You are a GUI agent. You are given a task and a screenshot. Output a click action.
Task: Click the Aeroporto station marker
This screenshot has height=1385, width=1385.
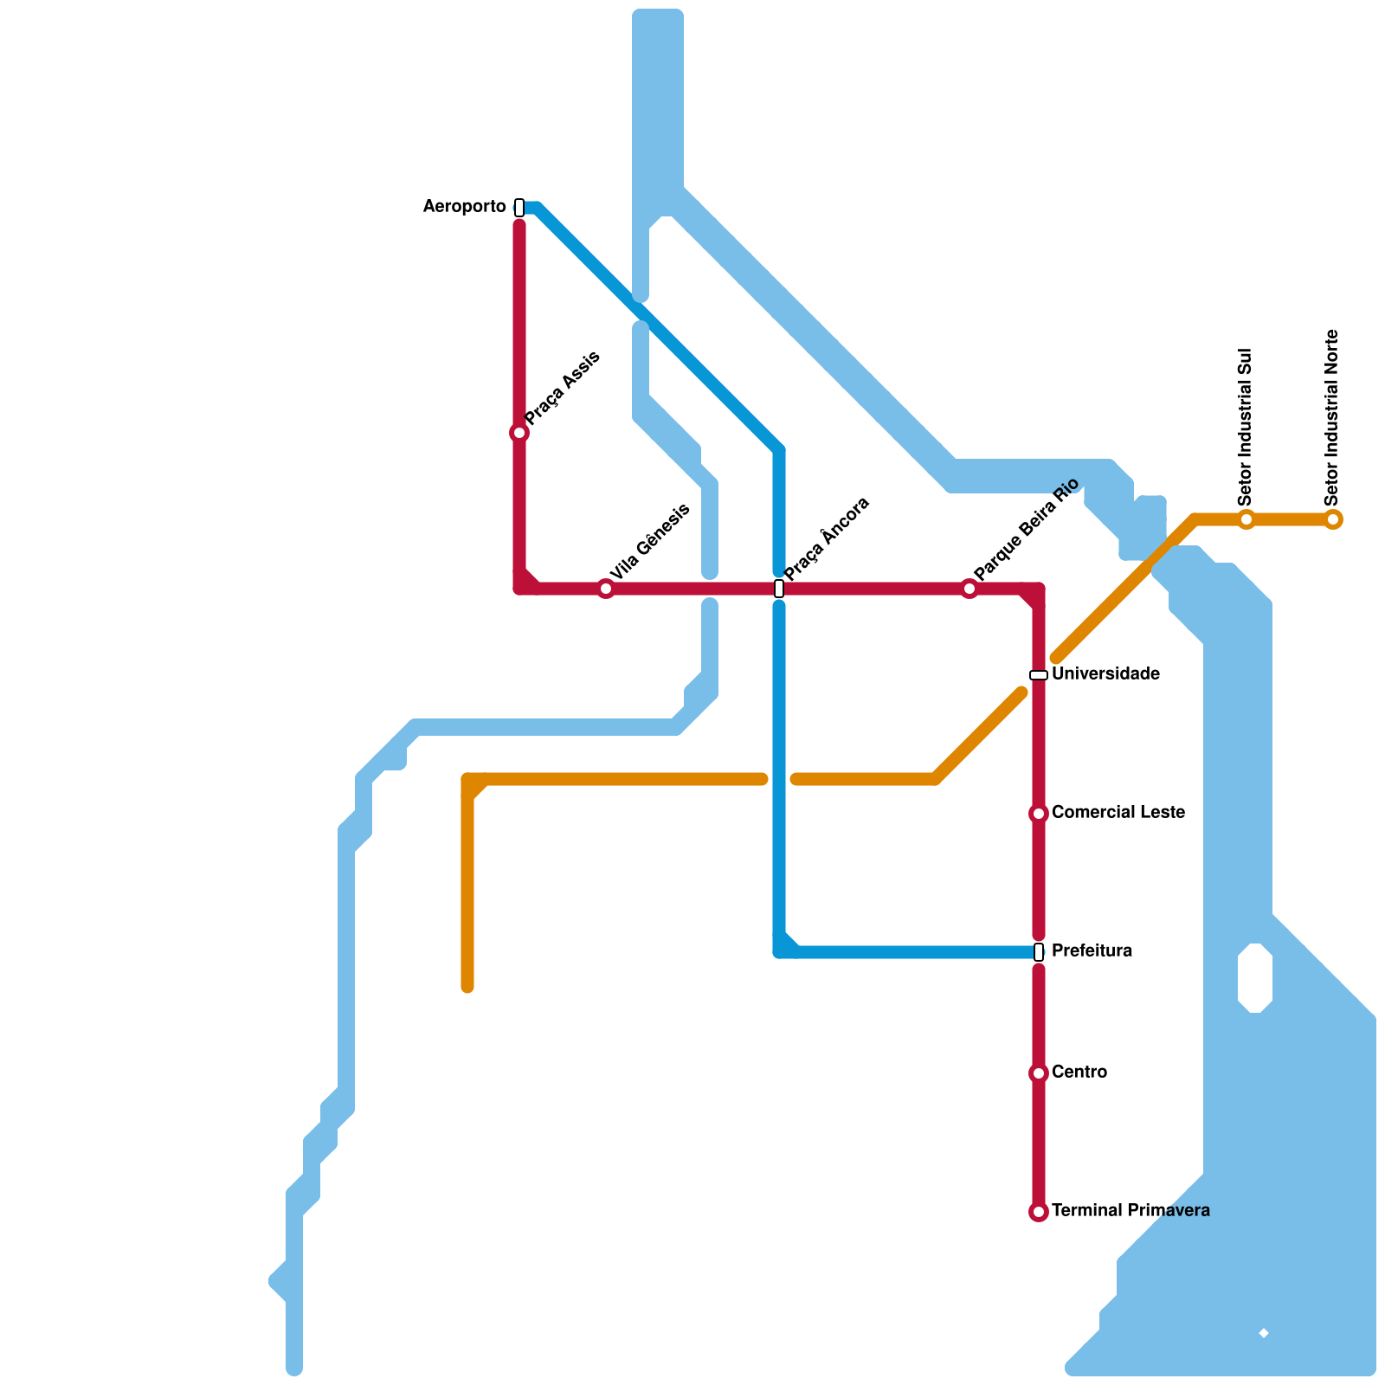click(x=519, y=208)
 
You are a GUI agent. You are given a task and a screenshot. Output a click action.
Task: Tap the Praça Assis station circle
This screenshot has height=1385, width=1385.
click(x=519, y=433)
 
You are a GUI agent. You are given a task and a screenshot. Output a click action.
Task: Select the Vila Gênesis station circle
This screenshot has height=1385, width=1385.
click(x=606, y=589)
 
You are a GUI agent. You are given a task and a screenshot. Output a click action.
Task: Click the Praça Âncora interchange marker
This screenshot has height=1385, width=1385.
click(x=779, y=589)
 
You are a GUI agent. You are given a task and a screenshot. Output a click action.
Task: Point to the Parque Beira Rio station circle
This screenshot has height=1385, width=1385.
click(x=969, y=589)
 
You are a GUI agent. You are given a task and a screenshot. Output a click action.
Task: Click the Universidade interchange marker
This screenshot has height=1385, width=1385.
click(x=1039, y=675)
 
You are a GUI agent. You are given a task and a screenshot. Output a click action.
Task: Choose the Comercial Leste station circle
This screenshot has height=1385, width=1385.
click(x=1039, y=814)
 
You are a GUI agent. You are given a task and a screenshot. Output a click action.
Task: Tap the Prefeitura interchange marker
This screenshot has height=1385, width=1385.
click(x=1039, y=952)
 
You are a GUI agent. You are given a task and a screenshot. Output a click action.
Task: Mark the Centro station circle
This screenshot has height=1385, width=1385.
click(x=1039, y=1073)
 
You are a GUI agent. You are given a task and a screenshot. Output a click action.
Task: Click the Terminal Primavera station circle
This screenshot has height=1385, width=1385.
click(x=1039, y=1212)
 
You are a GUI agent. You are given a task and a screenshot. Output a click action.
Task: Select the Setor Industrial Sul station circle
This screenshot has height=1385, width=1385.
click(x=1246, y=519)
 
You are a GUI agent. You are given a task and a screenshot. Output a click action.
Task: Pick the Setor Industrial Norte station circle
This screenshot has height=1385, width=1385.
click(x=1333, y=519)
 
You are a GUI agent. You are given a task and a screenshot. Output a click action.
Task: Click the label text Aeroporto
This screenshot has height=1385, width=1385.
click(x=464, y=207)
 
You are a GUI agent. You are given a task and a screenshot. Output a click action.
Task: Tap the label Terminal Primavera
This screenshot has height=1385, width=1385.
click(x=1131, y=1211)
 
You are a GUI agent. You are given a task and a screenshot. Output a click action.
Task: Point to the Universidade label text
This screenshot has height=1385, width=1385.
click(x=1105, y=674)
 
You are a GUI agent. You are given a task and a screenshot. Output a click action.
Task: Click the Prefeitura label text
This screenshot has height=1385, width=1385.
click(x=1092, y=951)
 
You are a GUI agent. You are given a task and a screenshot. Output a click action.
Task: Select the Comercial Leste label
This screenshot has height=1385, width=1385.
click(x=1118, y=813)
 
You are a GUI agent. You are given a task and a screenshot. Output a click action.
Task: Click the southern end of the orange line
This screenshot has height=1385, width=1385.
click(x=467, y=987)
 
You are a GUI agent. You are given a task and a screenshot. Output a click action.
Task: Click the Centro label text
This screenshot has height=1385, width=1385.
click(x=1079, y=1073)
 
